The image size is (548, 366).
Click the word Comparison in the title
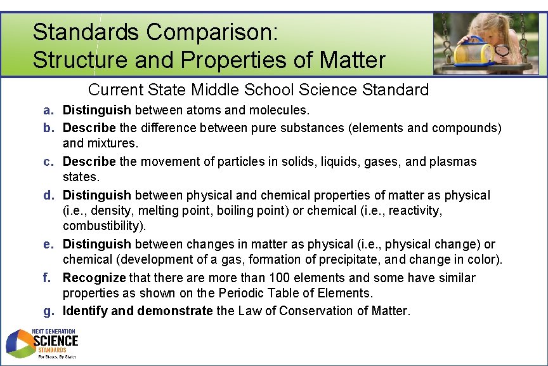tap(212, 32)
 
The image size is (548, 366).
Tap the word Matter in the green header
tap(352, 60)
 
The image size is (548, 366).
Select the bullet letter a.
tap(48, 111)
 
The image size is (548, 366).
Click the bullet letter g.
tap(49, 312)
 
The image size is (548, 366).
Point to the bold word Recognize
tap(95, 278)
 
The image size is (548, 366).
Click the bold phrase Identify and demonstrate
tap(138, 311)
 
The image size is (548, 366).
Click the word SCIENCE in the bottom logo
tap(56, 341)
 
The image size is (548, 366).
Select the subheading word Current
tap(116, 90)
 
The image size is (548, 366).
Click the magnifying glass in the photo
tap(502, 51)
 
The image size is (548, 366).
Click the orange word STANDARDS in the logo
tap(52, 350)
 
